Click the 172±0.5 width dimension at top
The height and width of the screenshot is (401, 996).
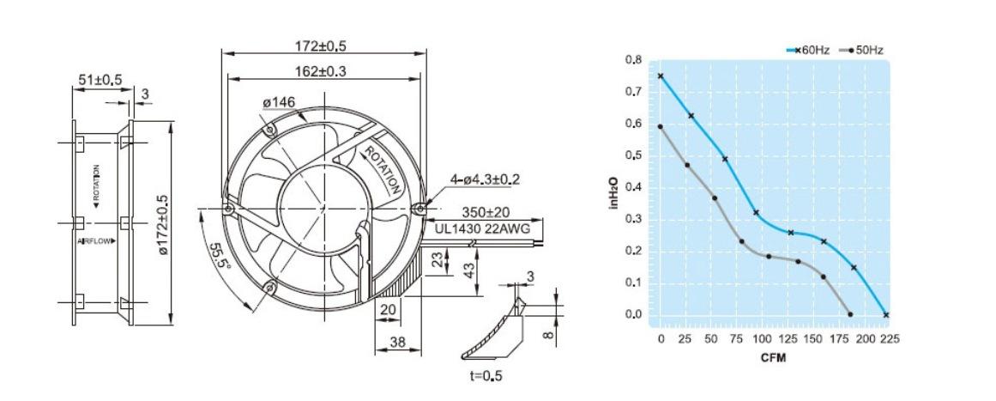[324, 46]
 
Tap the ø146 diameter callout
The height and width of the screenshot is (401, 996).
[279, 102]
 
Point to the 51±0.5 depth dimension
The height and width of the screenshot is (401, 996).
[100, 80]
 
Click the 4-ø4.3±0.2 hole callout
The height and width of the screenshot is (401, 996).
[485, 179]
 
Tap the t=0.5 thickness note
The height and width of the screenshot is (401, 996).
[486, 375]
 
